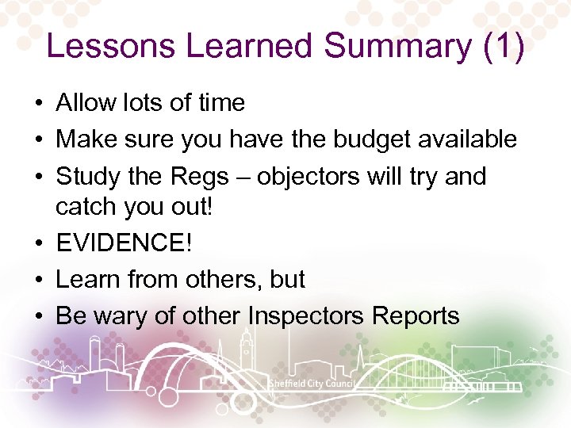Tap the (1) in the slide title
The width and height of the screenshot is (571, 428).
503,47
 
